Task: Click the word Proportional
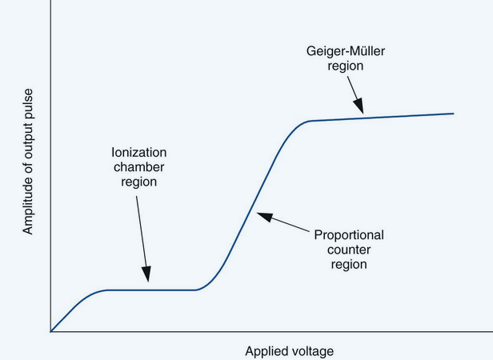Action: (x=348, y=235)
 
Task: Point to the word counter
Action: (x=348, y=250)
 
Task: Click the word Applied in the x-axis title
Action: (x=265, y=350)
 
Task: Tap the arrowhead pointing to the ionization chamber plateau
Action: (x=146, y=282)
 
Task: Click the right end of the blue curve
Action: (x=453, y=114)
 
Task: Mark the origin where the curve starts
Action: (x=51, y=330)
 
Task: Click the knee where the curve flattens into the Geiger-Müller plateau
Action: (x=308, y=122)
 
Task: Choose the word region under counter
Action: (x=348, y=264)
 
